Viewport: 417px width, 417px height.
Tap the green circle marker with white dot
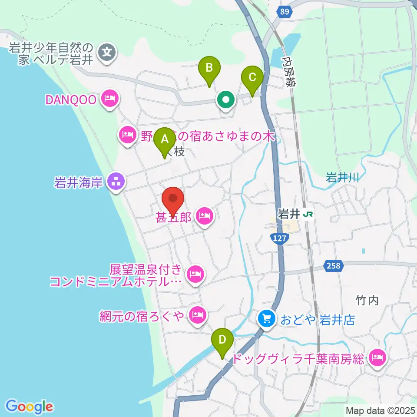226,101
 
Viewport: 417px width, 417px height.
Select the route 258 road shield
333,265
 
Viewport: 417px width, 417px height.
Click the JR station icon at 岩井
308,214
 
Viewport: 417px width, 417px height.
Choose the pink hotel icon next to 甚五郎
205,215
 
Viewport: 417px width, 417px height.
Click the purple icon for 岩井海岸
116,182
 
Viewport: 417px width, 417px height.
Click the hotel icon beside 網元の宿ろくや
197,314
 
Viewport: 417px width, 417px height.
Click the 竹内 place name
367,300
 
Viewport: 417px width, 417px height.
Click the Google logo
29,406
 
